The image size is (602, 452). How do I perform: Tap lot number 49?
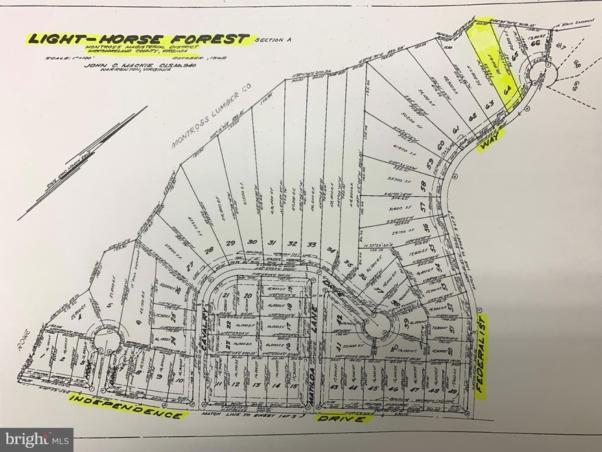click(x=451, y=391)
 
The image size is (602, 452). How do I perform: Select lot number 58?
click(x=424, y=186)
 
